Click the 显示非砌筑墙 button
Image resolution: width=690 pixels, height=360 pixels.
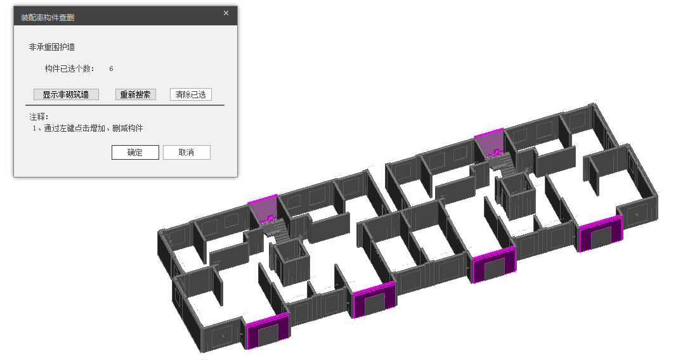click(x=66, y=94)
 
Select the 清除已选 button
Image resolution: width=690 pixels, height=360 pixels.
click(x=190, y=94)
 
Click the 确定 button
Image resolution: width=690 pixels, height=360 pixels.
click(x=135, y=153)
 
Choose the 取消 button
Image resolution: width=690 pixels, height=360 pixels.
click(x=186, y=153)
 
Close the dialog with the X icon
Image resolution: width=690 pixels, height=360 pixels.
click(x=226, y=13)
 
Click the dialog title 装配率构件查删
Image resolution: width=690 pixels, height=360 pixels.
click(x=48, y=18)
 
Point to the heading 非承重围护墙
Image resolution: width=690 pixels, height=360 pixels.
click(x=52, y=47)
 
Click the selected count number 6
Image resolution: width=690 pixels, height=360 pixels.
click(x=112, y=68)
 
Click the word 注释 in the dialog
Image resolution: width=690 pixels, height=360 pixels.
click(x=38, y=117)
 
